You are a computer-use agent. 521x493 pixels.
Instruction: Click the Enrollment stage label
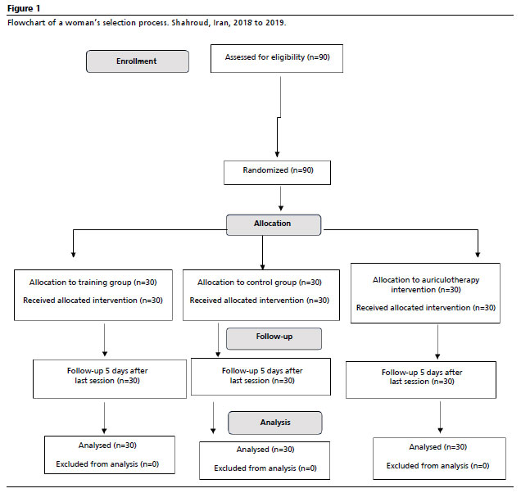[x=138, y=61]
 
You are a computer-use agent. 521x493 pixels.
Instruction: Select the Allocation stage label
[x=274, y=225]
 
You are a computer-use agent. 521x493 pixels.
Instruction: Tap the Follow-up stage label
[x=274, y=338]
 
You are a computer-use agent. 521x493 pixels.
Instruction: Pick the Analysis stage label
[x=275, y=423]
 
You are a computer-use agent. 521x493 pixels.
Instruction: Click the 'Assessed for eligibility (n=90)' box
[x=277, y=58]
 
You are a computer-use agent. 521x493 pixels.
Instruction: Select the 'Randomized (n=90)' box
[x=277, y=173]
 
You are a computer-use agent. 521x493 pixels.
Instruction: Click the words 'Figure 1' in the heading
[x=24, y=9]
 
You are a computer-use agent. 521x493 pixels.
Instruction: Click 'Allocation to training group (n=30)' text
[x=93, y=283]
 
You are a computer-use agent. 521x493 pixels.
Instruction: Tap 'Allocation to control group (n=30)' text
[x=260, y=283]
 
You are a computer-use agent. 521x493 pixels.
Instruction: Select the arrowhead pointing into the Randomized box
[x=277, y=155]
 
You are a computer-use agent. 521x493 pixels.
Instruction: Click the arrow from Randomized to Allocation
[x=281, y=198]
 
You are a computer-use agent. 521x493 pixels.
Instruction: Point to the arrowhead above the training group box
[x=74, y=255]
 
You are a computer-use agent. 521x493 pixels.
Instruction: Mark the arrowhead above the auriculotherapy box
[x=478, y=255]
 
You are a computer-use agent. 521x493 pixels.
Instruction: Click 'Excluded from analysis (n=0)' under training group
[x=107, y=464]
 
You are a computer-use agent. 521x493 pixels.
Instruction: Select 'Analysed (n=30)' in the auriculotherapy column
[x=438, y=447]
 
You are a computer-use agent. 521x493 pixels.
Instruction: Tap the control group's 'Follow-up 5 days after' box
[x=260, y=377]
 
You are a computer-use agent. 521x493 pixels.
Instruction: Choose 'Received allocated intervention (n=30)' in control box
[x=260, y=301]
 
